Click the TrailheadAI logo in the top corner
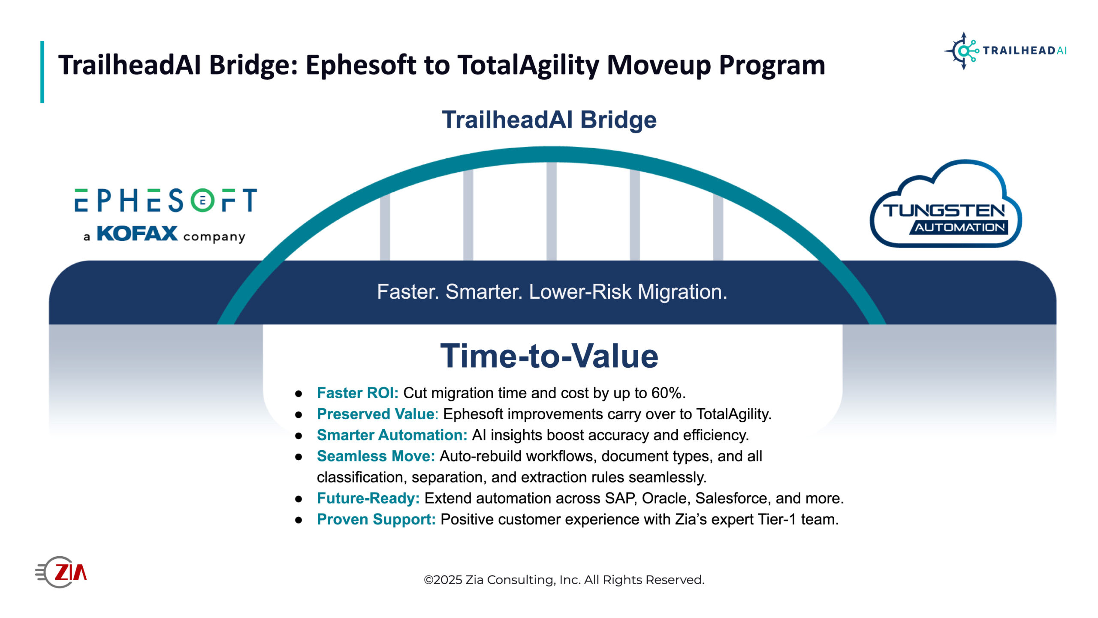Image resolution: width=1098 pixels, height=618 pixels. coord(1005,51)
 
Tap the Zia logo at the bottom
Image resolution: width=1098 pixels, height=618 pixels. coord(61,572)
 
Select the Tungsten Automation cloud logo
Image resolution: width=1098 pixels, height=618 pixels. coord(945,204)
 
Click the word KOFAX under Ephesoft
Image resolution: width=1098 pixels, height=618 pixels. coord(137,233)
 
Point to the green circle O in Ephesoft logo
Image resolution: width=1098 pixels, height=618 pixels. coord(202,200)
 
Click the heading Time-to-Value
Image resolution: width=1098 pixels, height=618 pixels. coord(549,356)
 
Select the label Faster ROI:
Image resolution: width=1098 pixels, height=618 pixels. coord(358,393)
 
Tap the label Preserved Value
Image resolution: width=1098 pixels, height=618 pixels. coord(376,414)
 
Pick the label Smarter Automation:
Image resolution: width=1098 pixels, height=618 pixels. coord(392,435)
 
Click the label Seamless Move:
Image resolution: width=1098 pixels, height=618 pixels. coord(376,456)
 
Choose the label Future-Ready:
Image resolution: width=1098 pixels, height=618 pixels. coord(368,498)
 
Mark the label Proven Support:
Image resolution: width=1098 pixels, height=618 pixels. coord(376,519)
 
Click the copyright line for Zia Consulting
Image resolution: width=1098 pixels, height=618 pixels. coord(564,580)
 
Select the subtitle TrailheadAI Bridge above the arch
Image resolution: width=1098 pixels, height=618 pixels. coord(549,119)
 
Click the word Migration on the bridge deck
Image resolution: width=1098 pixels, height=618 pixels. coord(682,292)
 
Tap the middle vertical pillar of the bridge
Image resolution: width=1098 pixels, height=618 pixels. coord(552,211)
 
